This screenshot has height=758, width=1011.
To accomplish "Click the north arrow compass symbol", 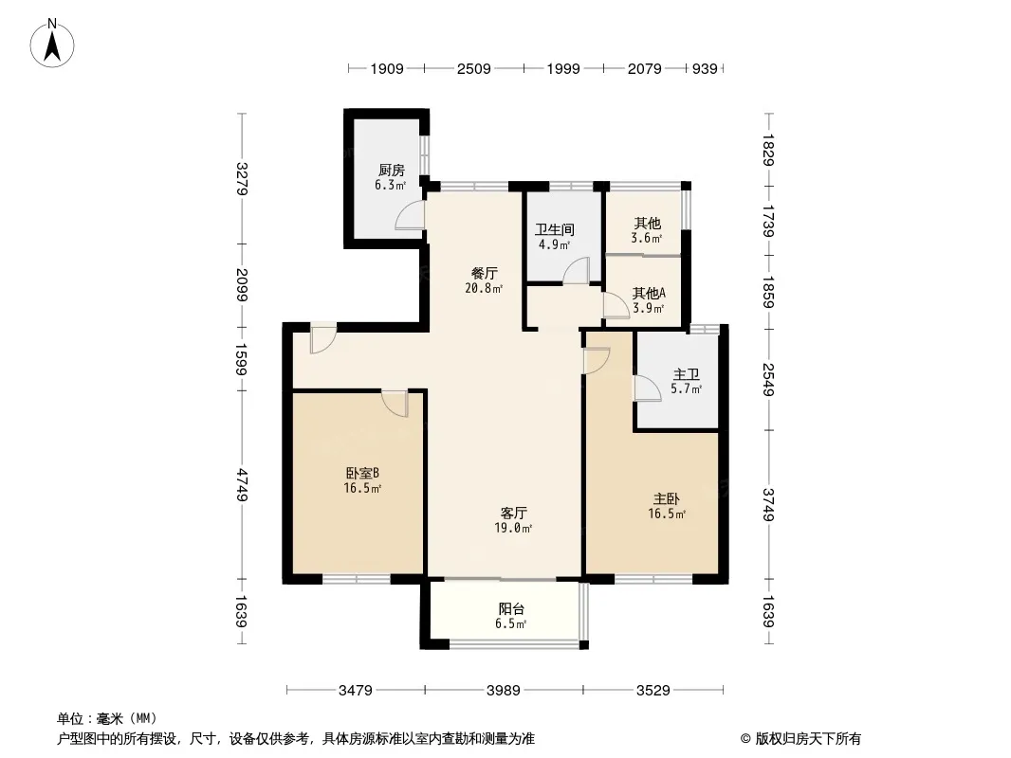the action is point(52,44).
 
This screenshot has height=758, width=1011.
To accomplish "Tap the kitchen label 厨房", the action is point(392,170).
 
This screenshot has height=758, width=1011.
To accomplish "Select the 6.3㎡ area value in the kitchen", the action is point(391,186).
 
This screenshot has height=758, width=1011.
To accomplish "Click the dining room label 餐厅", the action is point(485,273).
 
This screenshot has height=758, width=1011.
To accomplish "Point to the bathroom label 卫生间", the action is point(555,229).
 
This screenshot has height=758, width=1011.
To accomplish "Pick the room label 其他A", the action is point(649,293).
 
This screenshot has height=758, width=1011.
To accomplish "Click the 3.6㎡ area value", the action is point(647,238).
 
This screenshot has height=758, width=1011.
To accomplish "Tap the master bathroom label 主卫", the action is point(686,374).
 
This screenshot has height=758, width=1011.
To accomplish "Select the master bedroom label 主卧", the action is point(666,498).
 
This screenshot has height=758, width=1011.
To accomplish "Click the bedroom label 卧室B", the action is point(361,474).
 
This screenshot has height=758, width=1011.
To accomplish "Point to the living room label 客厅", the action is point(513,514).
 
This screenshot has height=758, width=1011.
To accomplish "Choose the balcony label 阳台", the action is point(511,608).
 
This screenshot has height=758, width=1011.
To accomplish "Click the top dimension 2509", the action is point(474,69).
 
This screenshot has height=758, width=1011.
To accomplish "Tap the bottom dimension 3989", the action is point(504,691).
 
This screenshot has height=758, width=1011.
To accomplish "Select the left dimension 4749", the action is point(241,485).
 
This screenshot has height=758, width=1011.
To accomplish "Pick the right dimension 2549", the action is point(768,379).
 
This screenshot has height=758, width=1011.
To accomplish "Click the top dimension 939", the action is point(705,69).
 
